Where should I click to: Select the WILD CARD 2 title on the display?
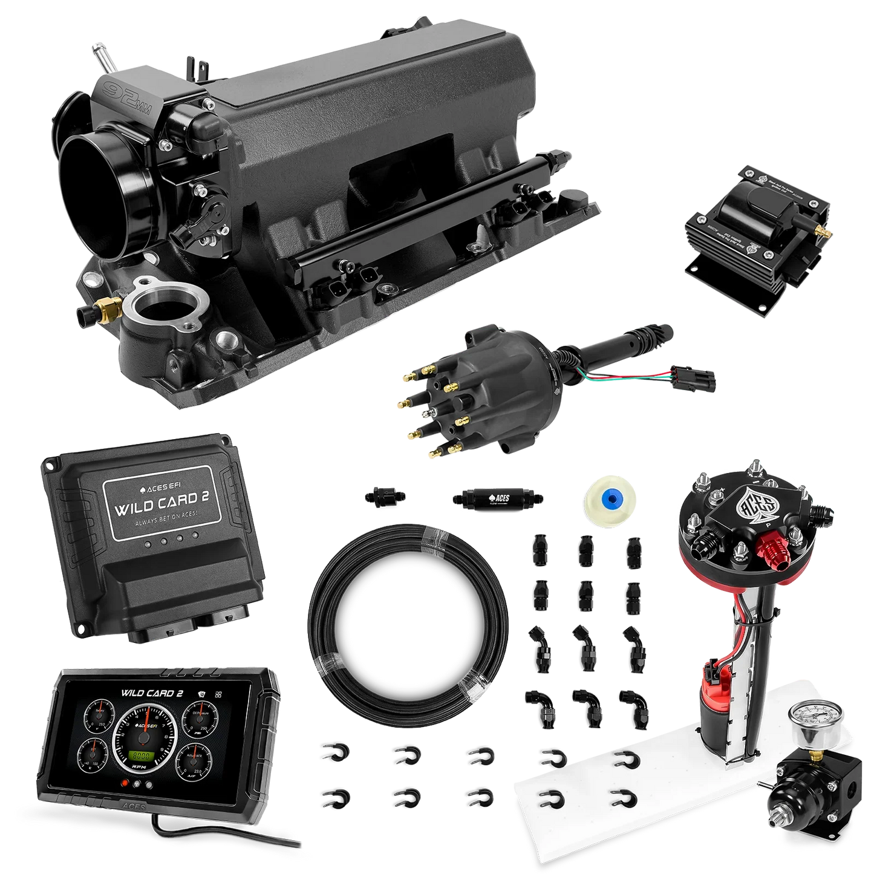tap(152, 693)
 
